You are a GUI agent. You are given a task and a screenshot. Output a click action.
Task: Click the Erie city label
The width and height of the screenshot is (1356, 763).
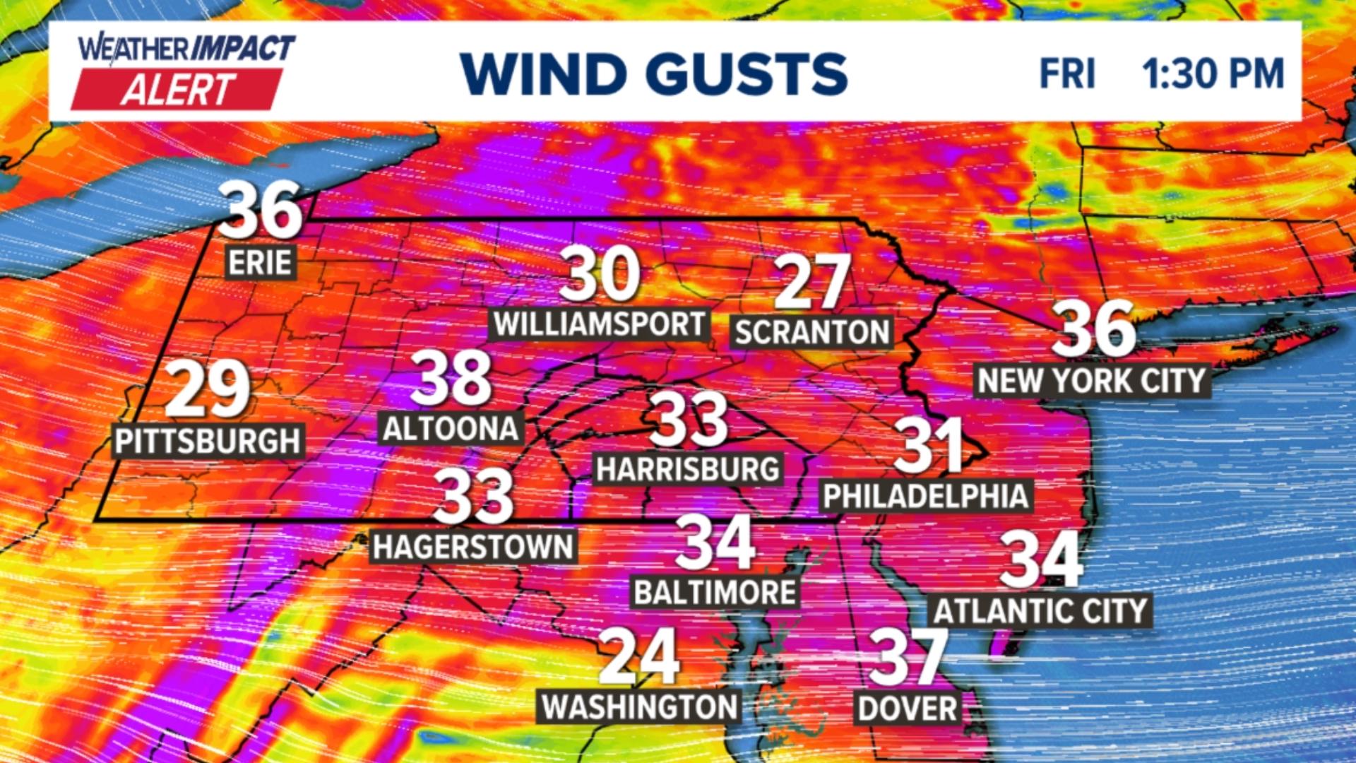[x=260, y=263]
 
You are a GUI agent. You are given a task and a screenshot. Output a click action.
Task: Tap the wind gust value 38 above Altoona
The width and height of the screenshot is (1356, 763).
[x=451, y=378]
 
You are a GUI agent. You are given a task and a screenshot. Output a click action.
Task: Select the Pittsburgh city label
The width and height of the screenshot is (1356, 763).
[x=208, y=441]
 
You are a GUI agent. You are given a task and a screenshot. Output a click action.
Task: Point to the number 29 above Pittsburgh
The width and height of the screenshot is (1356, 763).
[x=208, y=389]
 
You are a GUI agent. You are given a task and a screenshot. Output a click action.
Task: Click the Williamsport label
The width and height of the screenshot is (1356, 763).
[x=600, y=324]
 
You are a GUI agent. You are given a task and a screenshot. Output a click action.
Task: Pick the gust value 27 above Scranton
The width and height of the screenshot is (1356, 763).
[x=811, y=282]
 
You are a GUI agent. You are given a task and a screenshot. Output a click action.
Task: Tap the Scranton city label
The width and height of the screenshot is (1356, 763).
[x=811, y=332]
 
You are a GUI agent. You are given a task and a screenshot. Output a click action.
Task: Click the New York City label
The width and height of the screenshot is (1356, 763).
[x=1092, y=381]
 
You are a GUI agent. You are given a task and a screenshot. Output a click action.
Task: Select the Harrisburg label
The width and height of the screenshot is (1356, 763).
[x=688, y=469]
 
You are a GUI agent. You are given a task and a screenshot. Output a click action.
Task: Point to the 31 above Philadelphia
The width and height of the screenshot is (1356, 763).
[x=929, y=445]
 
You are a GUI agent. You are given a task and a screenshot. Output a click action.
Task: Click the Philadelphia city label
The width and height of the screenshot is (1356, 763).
[x=925, y=496]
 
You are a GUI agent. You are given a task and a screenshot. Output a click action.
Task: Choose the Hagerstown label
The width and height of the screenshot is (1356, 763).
[x=473, y=547]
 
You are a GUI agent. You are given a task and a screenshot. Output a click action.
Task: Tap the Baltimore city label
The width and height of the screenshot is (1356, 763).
[x=715, y=592]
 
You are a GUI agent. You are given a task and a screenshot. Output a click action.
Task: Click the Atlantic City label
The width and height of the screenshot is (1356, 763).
[x=1041, y=611]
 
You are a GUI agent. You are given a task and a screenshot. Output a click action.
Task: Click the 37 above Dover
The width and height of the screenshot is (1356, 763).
[x=908, y=658]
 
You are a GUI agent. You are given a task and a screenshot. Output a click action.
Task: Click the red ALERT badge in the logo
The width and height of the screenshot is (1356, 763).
[x=177, y=90]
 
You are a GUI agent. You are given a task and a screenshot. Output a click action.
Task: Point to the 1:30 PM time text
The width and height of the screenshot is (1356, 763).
[x=1213, y=73]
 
